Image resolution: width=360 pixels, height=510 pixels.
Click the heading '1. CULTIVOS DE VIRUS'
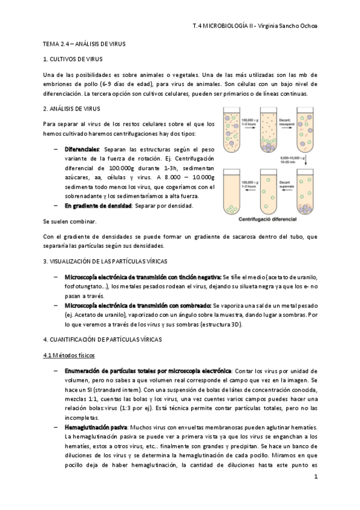click(73, 59)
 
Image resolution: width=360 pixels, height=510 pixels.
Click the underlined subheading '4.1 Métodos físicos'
click(70, 355)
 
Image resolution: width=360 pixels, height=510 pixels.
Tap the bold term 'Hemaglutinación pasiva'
click(90, 426)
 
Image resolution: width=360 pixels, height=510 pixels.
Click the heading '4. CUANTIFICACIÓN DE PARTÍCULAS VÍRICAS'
click(103, 340)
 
